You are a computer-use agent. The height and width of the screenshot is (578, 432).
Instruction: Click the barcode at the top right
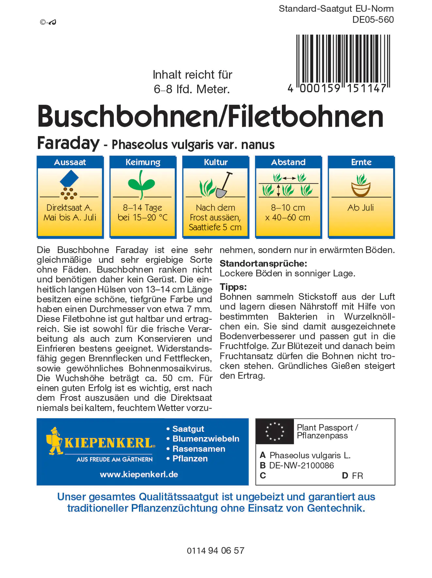343,62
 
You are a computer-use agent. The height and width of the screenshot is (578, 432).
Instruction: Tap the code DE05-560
373,20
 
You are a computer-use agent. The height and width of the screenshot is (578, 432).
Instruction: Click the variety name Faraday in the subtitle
68,143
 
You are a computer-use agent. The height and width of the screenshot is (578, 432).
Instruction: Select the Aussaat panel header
70,162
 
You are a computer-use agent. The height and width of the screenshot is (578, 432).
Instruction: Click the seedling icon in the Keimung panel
142,185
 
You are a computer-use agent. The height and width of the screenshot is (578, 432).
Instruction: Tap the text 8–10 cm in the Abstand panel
288,208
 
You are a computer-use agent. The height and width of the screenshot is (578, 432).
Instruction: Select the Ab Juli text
361,208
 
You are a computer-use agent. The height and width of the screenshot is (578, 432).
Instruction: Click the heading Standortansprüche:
263,263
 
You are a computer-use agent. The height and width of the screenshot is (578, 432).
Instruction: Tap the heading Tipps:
233,287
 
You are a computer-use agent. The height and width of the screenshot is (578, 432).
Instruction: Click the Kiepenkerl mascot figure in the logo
55,441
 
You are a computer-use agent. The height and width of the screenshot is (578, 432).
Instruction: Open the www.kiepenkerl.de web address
139,474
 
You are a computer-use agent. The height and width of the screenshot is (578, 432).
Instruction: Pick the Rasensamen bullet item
199,449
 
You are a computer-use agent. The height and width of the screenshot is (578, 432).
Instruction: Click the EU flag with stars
275,431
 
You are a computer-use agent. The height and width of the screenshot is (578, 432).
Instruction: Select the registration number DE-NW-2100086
301,465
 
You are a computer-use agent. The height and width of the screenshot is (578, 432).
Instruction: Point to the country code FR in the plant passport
357,476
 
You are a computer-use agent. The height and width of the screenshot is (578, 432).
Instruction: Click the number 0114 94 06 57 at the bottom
215,551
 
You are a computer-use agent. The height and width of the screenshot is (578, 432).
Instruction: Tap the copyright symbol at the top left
43,22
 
